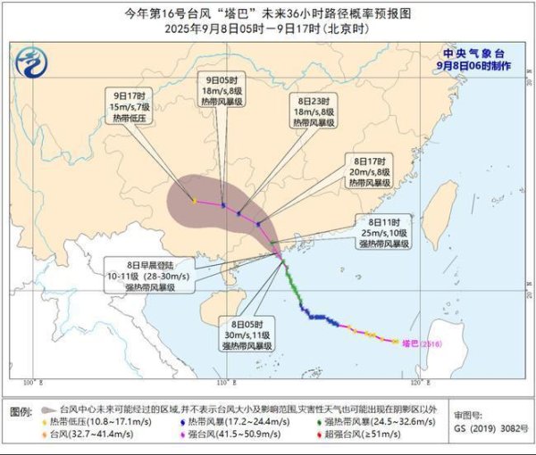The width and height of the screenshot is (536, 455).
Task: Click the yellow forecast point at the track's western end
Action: pyautogui.click(x=194, y=201)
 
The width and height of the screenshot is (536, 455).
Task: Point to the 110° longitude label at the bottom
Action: pyautogui.click(x=222, y=383)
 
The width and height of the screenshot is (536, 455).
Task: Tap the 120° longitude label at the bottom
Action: pyautogui.click(x=426, y=383)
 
